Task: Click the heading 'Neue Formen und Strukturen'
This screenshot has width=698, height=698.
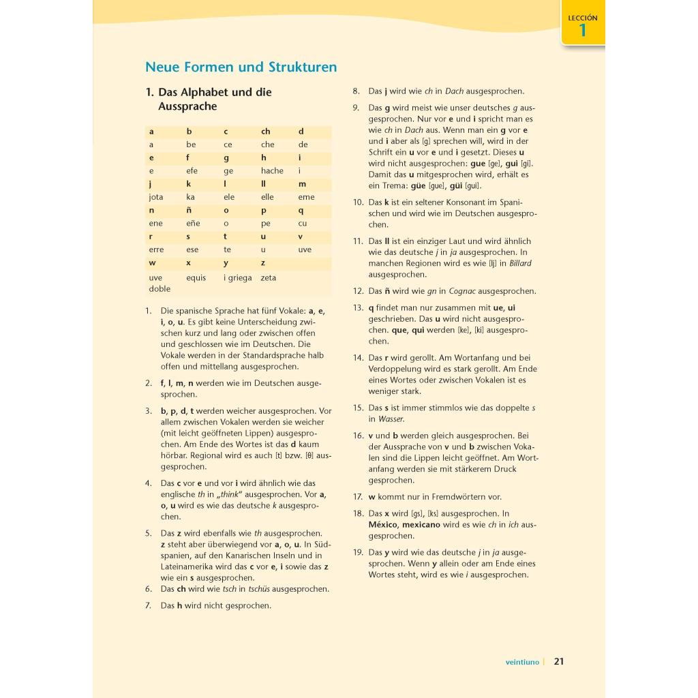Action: coord(241,67)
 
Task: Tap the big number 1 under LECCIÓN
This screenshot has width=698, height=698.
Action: coord(582,31)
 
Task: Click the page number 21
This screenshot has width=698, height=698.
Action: coord(559,661)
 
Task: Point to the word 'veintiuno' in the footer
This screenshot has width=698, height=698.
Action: coord(522,662)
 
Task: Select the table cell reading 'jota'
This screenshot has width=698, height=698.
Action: coord(156,197)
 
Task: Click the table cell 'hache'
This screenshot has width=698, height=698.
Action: coord(272,171)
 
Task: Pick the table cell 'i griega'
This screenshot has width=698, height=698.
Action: coord(237,277)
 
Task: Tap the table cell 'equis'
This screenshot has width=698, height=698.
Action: coord(196,277)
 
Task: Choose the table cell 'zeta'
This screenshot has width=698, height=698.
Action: coord(269,277)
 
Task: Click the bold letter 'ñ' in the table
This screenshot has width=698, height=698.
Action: coord(189,211)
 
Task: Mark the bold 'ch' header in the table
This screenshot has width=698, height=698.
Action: coord(265,132)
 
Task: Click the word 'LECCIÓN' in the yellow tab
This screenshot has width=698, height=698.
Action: coord(582,18)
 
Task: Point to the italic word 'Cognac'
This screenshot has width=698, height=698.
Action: coord(462,291)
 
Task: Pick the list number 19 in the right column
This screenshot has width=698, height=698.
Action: coord(359,552)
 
